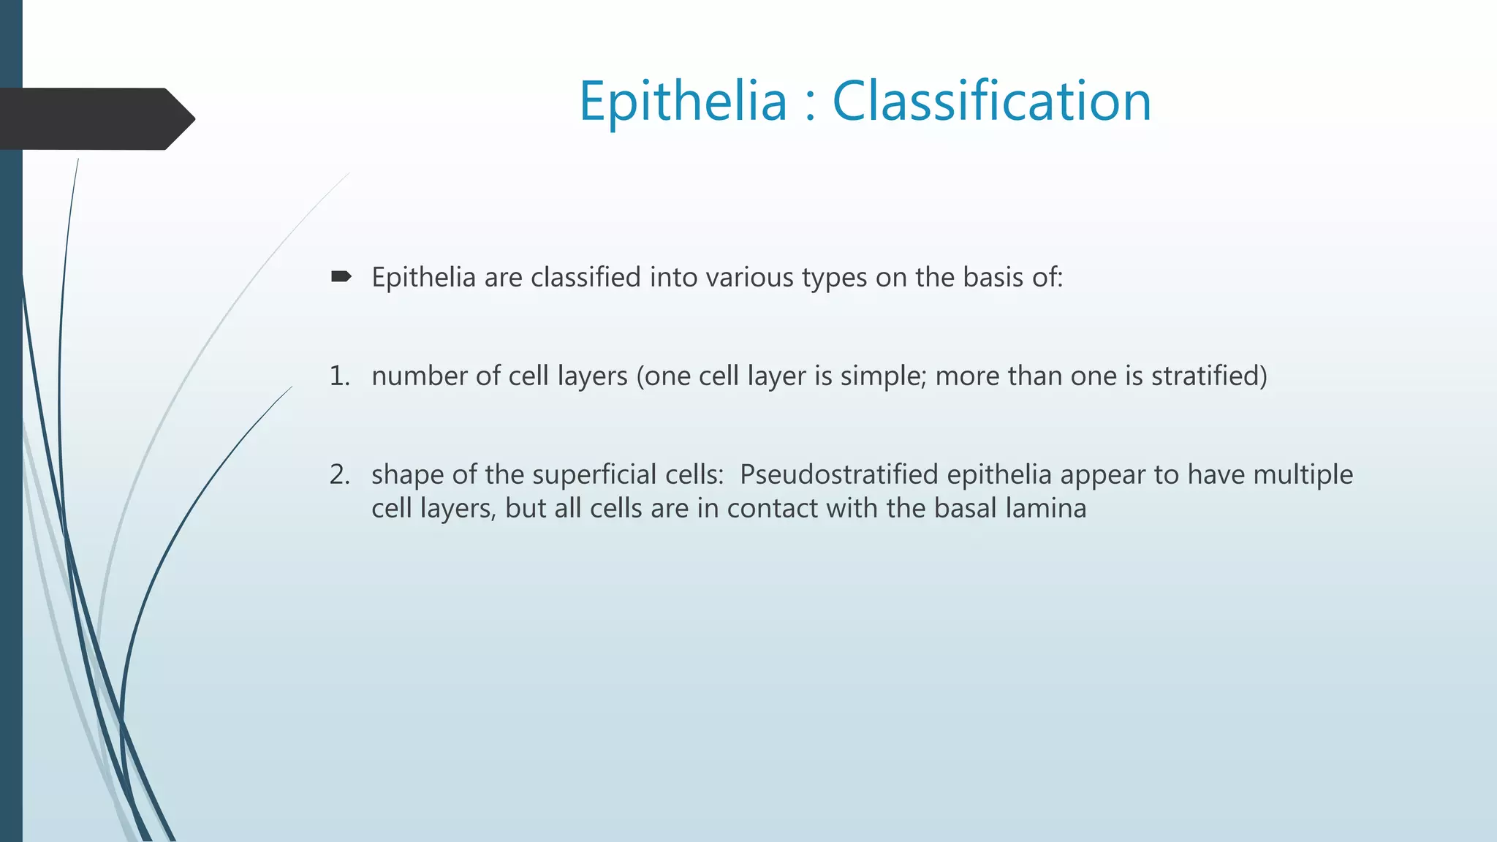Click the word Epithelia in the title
pos(683,102)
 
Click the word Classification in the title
pos(992,102)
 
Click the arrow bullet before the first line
pos(341,276)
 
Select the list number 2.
pos(339,474)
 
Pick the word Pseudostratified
pos(838,475)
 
